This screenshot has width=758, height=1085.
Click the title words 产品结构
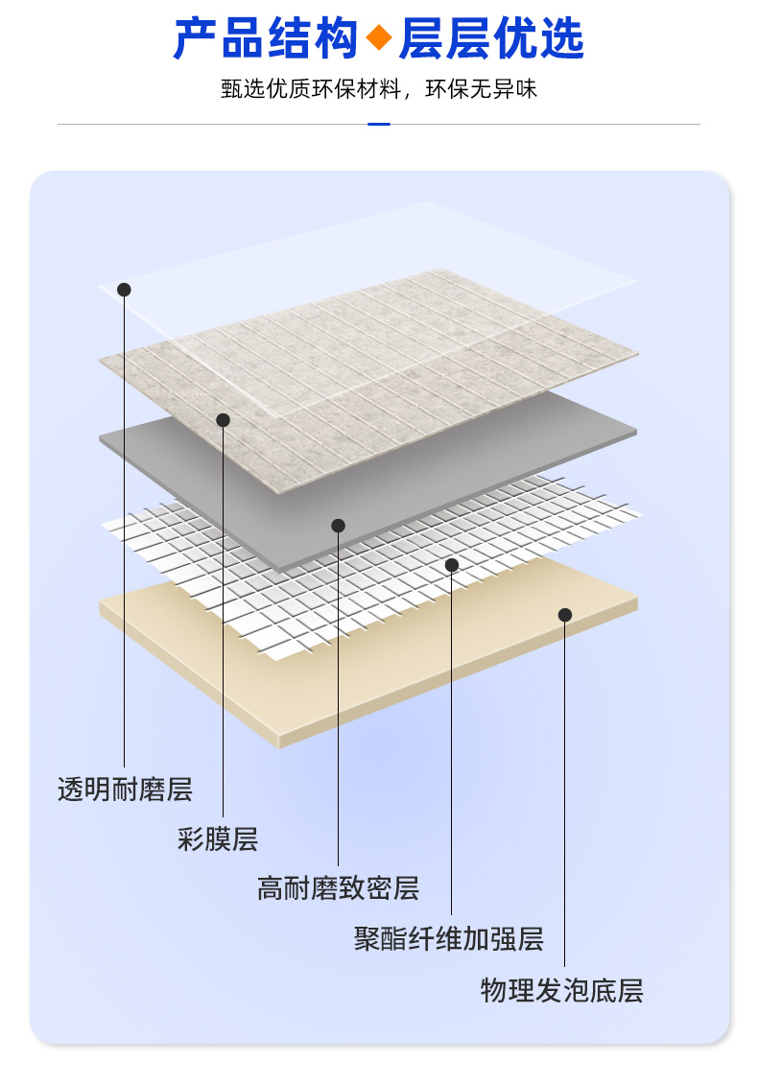267,39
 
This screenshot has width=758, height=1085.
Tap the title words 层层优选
490,39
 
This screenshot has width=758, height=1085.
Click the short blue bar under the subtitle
379,124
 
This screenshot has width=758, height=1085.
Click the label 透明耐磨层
125,790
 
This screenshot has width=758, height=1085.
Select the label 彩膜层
218,839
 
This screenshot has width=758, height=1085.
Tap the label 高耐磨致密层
338,888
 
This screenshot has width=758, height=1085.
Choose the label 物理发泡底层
561,990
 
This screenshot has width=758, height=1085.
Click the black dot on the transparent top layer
124,289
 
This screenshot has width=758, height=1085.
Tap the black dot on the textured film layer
223,419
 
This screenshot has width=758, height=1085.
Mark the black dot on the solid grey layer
338,525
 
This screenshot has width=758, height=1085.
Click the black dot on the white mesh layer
451,565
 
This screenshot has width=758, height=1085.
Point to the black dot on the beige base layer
564,615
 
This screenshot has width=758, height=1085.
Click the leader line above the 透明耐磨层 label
124,528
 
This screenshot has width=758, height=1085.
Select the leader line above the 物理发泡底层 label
564,787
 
